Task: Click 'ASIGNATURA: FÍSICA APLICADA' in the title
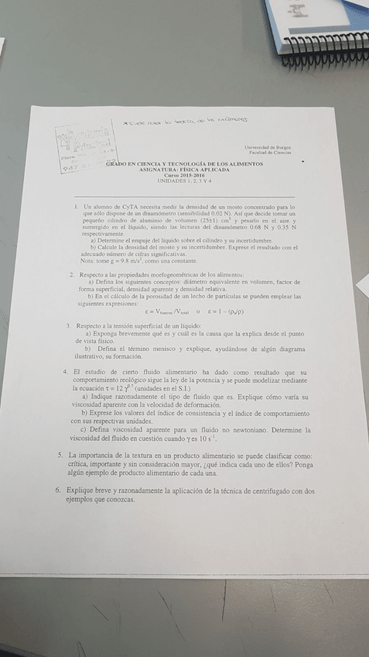pyautogui.click(x=185, y=170)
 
